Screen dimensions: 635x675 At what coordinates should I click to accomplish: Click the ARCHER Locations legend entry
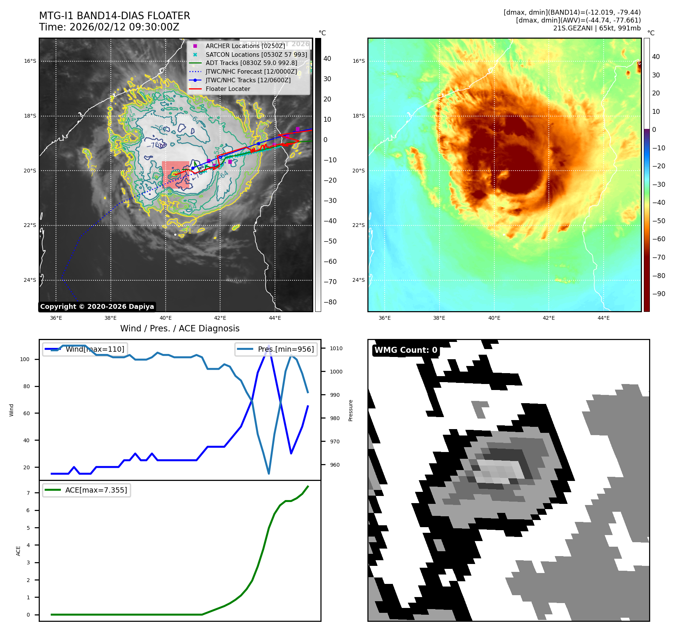pos(245,46)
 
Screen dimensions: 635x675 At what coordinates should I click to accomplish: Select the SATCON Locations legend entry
pos(256,54)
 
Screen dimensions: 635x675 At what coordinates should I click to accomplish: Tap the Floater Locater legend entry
pos(228,89)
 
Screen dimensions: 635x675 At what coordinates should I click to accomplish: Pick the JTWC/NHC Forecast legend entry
pos(251,72)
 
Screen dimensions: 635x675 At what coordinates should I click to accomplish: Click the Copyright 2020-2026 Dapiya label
pos(97,307)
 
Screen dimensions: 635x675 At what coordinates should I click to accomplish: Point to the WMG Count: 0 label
pos(406,350)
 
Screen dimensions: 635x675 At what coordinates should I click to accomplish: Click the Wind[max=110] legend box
pos(85,349)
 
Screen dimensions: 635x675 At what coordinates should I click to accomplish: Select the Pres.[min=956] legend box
pos(276,349)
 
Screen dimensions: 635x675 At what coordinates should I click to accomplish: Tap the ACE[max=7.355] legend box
pos(87,490)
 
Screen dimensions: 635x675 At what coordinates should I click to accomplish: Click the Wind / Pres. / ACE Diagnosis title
pos(180,328)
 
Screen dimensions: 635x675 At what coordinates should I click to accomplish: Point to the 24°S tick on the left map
pos(30,280)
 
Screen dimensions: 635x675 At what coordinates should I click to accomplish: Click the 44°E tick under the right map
pos(603,318)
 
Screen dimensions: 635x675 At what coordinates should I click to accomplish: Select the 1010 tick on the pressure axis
pos(336,348)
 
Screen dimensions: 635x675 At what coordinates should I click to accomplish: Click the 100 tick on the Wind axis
pos(25,359)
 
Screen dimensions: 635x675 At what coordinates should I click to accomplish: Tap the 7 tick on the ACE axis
pos(28,493)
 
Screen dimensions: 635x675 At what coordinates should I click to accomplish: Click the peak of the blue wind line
pos(269,345)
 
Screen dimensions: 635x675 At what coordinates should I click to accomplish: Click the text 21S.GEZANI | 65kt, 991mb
pos(596,28)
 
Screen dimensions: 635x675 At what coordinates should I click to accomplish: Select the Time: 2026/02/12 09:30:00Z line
pos(109,27)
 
